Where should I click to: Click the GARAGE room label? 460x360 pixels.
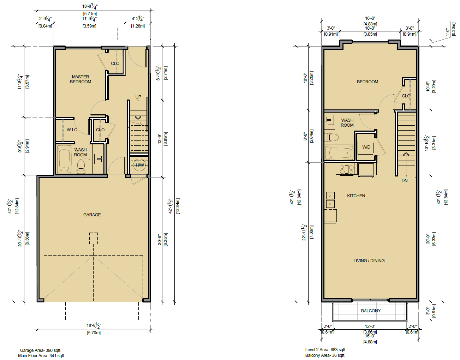92,215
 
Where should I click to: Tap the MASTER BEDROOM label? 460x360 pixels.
80,79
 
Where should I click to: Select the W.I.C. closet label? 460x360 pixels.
72,130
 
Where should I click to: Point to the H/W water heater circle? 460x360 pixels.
139,165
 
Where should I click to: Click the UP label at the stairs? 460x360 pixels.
138,97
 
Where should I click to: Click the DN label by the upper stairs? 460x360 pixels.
405,180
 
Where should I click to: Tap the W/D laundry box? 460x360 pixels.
366,147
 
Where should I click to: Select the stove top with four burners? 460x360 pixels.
347,169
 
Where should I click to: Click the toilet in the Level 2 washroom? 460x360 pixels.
331,137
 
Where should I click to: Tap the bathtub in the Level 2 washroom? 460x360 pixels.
339,153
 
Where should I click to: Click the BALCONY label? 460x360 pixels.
371,311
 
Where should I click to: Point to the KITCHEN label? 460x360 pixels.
356,196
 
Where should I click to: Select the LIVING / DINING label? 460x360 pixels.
369,261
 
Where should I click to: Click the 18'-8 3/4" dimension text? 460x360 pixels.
90,6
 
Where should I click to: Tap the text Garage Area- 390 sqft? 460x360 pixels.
41,350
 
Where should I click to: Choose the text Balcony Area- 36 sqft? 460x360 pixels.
325,355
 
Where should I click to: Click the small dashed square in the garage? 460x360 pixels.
93,238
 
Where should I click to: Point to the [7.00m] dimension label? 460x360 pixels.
311,232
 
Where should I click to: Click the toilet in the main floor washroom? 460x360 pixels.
80,166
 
